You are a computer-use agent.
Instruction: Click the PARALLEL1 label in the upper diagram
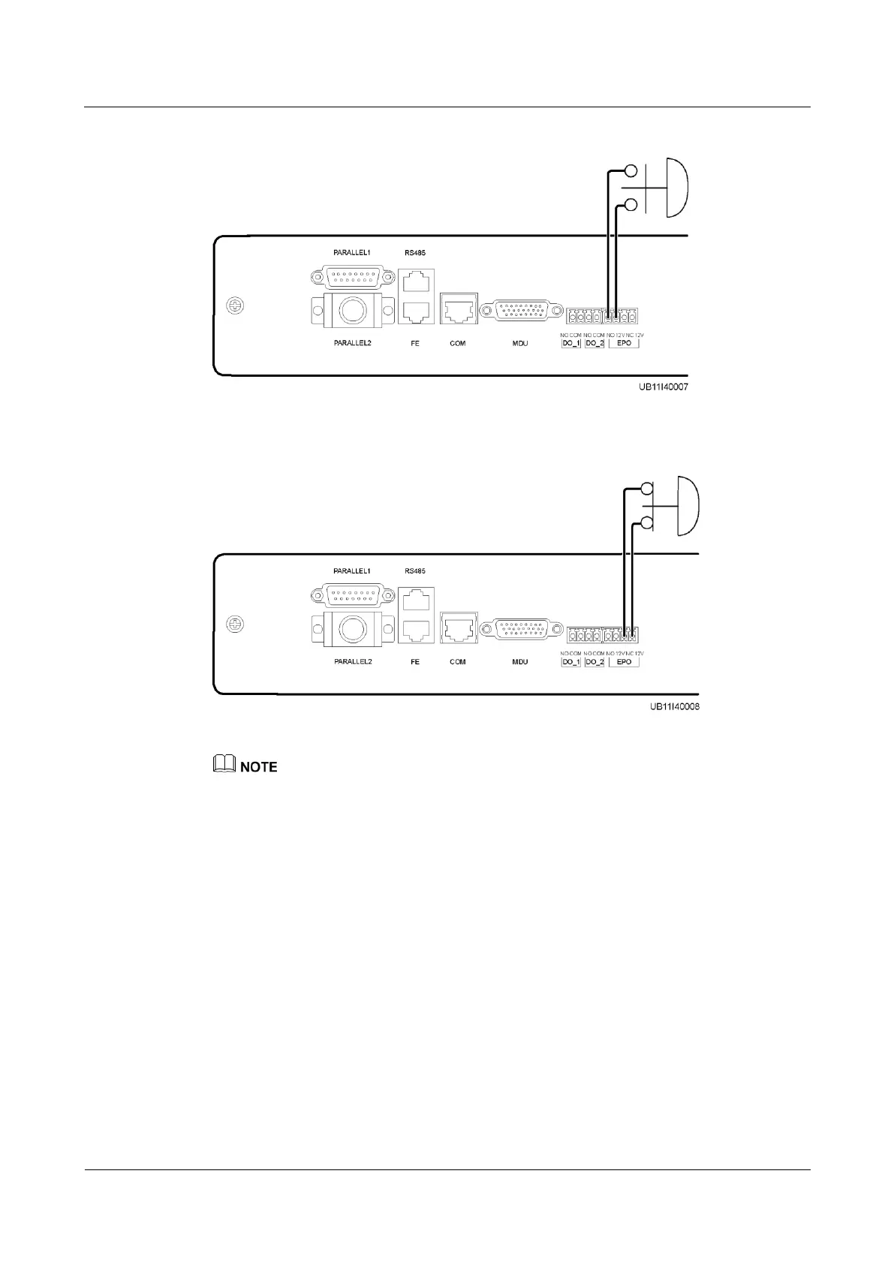coord(353,253)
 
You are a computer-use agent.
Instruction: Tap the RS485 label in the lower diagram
coord(415,571)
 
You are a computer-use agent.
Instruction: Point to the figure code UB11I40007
coord(659,388)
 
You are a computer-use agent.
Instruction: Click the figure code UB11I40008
coord(670,707)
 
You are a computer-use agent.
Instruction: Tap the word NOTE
coord(259,767)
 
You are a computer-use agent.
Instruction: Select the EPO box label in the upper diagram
coord(624,343)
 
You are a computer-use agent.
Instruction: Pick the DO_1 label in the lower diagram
coord(571,662)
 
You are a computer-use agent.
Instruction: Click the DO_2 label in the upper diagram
coord(594,343)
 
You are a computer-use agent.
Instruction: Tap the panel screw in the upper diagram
coord(234,305)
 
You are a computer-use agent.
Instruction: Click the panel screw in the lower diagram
coord(234,624)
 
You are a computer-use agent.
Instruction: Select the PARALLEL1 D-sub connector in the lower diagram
coord(353,596)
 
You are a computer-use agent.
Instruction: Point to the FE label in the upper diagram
coord(415,343)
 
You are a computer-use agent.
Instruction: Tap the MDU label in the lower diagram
coord(520,662)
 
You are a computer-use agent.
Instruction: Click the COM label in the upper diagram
coord(458,343)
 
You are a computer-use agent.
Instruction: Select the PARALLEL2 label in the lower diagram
coord(353,662)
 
